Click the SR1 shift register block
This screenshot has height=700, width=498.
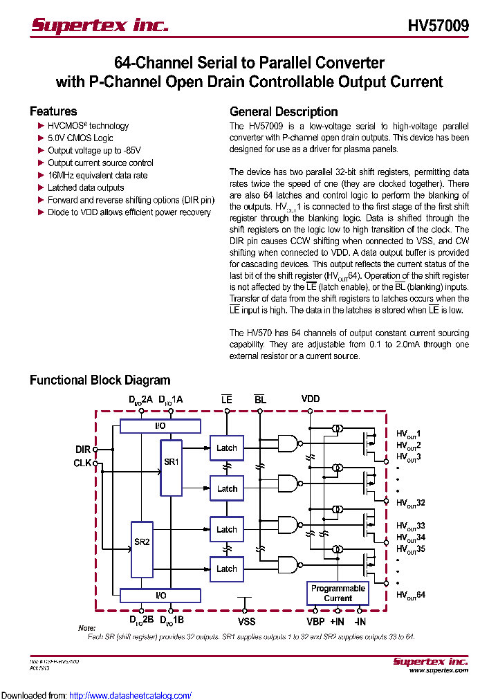point(171,467)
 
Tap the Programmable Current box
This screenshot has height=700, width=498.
point(338,593)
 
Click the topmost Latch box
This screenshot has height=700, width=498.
point(226,448)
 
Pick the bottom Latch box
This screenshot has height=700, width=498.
point(226,569)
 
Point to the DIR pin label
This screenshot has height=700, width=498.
point(83,450)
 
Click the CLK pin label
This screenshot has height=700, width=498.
point(82,463)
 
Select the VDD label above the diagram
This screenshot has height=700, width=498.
point(311,399)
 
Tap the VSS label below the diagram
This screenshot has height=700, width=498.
point(247,621)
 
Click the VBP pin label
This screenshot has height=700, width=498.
point(315,621)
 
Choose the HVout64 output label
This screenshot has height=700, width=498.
point(410,595)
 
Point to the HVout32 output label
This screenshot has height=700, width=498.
point(410,502)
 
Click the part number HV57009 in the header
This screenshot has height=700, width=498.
point(438,26)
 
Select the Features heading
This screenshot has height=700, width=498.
point(53,111)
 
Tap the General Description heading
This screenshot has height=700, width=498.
point(284,112)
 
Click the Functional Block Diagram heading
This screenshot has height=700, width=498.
point(100,380)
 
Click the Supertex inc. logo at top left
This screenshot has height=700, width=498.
point(100,26)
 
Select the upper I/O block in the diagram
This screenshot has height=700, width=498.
point(160,426)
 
